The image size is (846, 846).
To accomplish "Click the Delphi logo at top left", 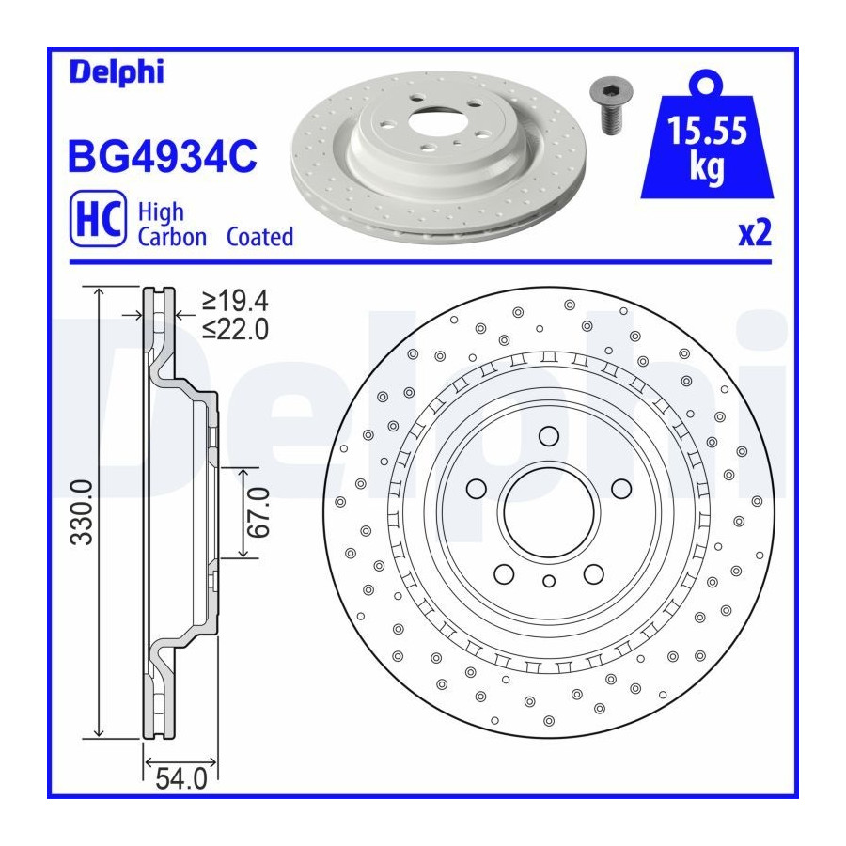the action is tap(117, 72).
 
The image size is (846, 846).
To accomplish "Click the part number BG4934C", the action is tap(163, 156).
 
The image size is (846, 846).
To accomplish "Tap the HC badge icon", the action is tap(98, 218).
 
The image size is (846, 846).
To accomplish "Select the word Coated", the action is tap(259, 237).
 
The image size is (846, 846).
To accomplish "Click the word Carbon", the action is tap(172, 237).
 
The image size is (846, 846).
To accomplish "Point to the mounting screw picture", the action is tap(611, 105).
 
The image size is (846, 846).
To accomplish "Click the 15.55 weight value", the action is tap(707, 131).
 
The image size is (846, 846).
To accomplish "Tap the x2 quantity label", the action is tap(755, 233).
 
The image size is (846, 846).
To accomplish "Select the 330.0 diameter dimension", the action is tap(83, 512).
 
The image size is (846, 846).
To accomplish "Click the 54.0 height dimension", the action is tap(181, 778).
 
